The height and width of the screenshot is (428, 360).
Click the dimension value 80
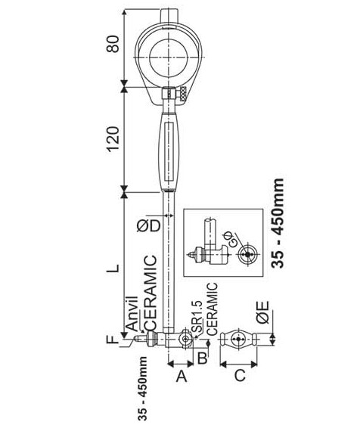pos(113,44)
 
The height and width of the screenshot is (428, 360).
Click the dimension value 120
pos(113,139)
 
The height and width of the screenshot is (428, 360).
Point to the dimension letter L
pos(113,268)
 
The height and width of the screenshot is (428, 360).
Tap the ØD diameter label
pos(148,226)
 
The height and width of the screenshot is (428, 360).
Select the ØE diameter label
pos(263,312)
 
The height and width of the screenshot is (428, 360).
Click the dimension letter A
pos(182,377)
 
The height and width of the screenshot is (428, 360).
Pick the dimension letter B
pos(202,358)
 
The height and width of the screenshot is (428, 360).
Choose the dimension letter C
pos(240,376)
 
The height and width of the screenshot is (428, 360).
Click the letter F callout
pos(112,340)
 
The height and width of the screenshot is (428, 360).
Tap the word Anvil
pos(132,314)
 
